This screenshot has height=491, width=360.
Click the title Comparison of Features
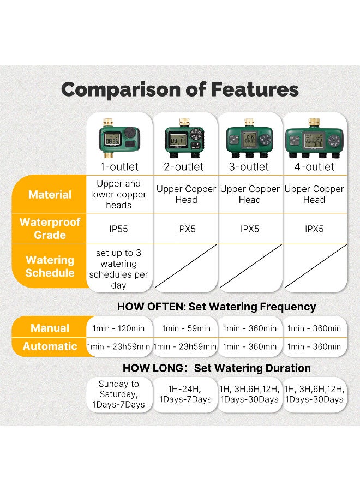[x=179, y=89]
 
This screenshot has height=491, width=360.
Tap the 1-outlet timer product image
[x=119, y=139]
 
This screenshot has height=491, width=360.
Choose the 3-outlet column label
[x=249, y=167]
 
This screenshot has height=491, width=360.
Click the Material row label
[x=50, y=194]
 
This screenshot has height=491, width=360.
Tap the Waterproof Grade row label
[x=50, y=229]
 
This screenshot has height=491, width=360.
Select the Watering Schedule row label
[x=50, y=266]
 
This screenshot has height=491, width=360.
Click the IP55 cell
[x=118, y=229]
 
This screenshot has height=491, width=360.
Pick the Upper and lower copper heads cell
[x=118, y=194]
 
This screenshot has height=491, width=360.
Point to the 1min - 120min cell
[x=118, y=328]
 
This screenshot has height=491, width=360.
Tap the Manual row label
[x=50, y=328]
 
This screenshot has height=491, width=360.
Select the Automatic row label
[x=50, y=346]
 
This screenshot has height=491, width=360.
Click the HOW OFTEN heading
[x=217, y=307]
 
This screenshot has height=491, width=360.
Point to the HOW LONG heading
[x=217, y=368]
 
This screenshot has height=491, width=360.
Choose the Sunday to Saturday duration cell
[x=118, y=394]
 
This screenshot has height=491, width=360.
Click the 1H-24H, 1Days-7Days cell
[x=185, y=394]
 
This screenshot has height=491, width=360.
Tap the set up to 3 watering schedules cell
[x=118, y=269]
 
